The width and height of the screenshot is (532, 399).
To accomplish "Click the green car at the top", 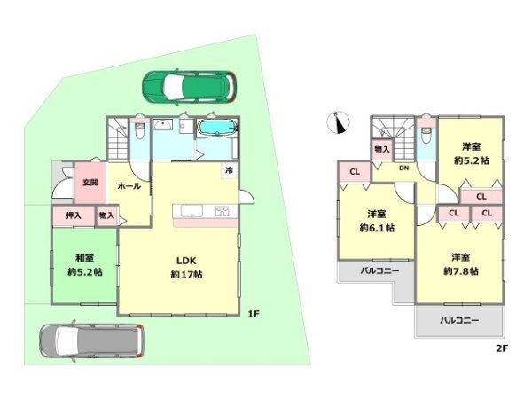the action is (190, 86).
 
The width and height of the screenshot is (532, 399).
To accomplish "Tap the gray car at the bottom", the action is (91, 340).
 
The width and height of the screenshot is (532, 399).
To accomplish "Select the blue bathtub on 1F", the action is (217, 129).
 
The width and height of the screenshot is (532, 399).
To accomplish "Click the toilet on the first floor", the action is (139, 129).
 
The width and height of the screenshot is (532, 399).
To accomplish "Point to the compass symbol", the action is (339, 122).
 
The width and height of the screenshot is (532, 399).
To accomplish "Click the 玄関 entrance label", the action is (90, 183).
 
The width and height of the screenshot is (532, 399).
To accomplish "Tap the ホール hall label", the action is (129, 186).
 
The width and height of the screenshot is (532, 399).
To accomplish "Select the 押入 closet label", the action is (74, 215).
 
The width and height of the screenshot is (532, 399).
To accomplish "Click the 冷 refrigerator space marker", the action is (230, 170).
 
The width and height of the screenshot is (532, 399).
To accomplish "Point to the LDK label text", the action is (186, 261).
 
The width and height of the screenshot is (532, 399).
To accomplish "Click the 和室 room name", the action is (84, 259).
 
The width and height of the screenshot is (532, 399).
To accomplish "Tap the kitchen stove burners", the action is (222, 211).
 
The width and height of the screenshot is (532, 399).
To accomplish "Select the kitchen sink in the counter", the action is (192, 211).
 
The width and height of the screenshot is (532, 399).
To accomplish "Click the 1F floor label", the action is (254, 314).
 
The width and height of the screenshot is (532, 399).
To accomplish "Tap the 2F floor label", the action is (502, 348).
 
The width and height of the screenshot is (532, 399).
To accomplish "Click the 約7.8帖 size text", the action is (461, 271).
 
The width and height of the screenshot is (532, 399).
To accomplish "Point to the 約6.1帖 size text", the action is (377, 228).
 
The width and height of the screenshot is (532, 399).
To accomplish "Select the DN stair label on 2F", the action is (403, 168).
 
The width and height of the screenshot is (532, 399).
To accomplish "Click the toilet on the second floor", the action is (426, 135).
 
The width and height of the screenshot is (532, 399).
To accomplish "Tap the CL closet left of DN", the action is (355, 172).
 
